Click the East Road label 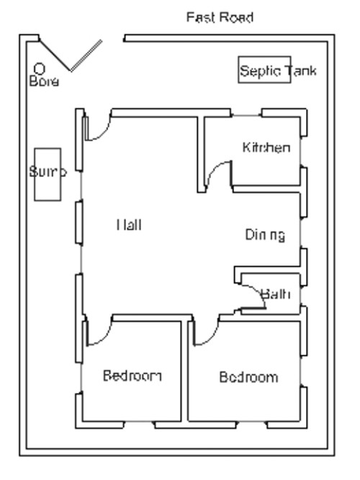pyautogui.click(x=220, y=17)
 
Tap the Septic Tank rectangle pyautogui.click(x=264, y=71)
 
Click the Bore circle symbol pyautogui.click(x=40, y=68)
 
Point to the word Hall pyautogui.click(x=129, y=225)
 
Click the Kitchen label pyautogui.click(x=266, y=148)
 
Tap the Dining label pyautogui.click(x=265, y=235)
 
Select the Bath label pyautogui.click(x=275, y=294)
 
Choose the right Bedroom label pyautogui.click(x=248, y=377)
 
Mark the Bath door pyautogui.click(x=256, y=295)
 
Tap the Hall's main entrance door pyautogui.click(x=97, y=127)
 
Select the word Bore pyautogui.click(x=44, y=81)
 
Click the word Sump pyautogui.click(x=48, y=173)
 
